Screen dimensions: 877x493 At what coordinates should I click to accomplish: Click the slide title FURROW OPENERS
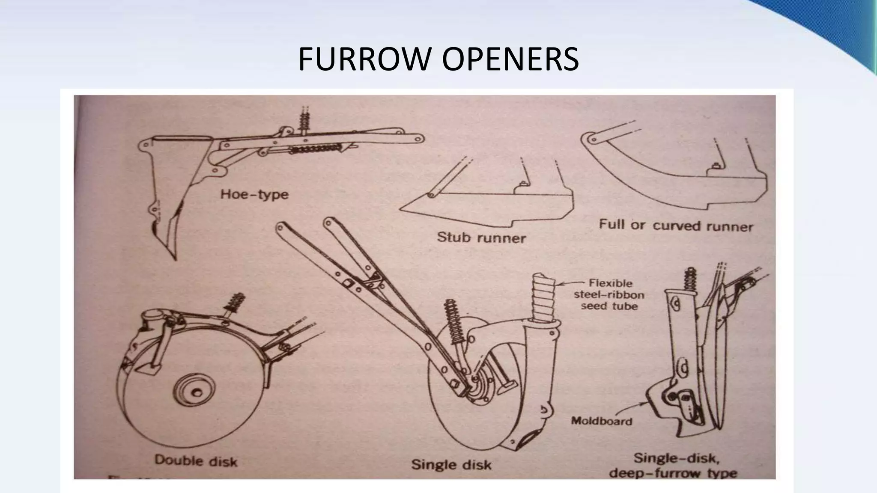pyautogui.click(x=438, y=59)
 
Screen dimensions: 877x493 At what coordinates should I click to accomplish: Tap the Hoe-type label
pyautogui.click(x=254, y=195)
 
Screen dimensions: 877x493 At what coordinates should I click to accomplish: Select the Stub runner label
pyautogui.click(x=481, y=238)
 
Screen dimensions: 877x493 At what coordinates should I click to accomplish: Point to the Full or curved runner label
pyautogui.click(x=676, y=226)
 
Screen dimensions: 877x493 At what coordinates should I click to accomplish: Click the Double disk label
pyautogui.click(x=196, y=460)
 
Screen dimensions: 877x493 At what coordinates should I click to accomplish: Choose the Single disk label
pyautogui.click(x=451, y=464)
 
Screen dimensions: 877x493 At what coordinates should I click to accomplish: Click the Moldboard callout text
pyautogui.click(x=602, y=421)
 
